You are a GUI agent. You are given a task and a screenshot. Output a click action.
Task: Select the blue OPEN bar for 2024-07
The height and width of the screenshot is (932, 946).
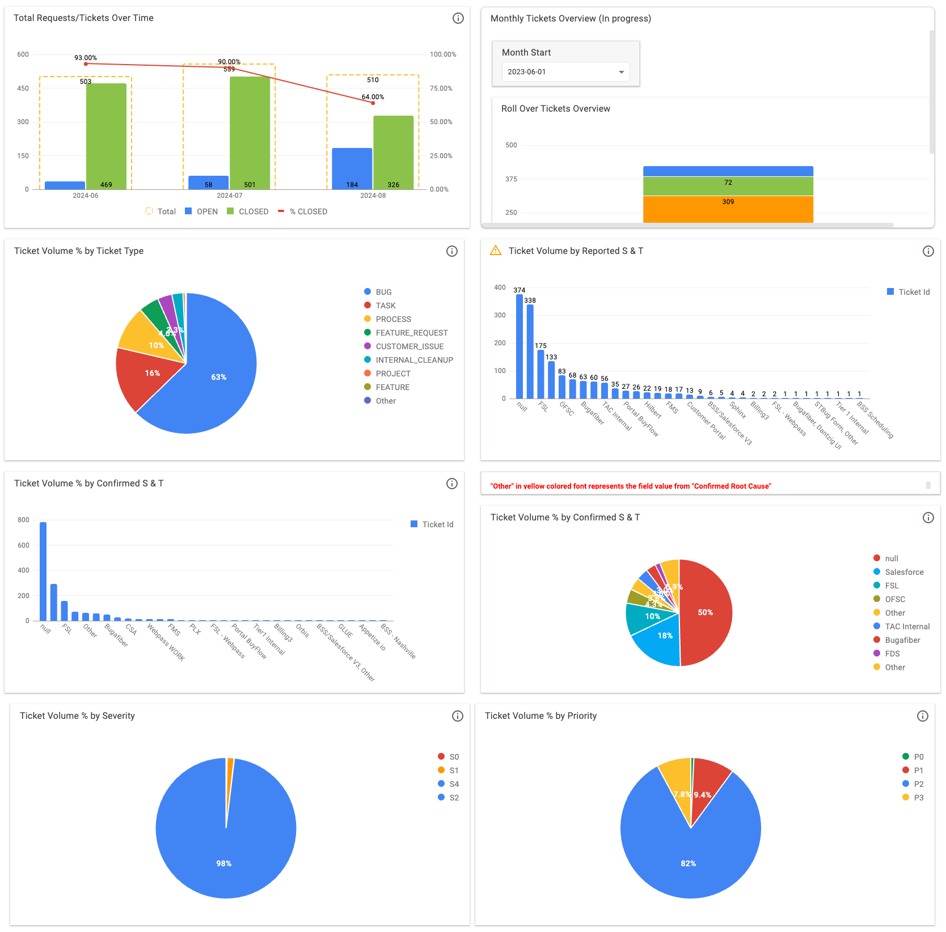pos(208,183)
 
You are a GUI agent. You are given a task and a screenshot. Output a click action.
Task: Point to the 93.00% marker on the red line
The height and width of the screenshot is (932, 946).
pos(86,63)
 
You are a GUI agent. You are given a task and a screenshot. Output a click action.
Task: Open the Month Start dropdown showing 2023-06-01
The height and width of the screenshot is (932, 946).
pos(565,72)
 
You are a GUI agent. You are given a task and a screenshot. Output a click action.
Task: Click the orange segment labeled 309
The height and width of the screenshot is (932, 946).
pos(728,209)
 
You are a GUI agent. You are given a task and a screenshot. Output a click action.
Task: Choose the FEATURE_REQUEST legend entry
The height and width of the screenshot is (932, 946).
pos(411,333)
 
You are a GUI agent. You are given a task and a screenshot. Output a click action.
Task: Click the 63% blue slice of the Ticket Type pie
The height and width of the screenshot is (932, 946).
pos(218,377)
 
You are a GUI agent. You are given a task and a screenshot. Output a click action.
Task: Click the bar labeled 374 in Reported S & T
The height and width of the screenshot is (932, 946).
pos(520,346)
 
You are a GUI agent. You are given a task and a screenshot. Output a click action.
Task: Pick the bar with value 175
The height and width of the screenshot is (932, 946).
pos(540,374)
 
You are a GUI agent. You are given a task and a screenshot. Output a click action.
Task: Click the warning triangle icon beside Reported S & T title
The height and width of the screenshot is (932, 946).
pos(496,251)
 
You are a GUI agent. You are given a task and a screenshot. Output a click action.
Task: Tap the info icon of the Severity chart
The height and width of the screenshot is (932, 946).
pos(458,716)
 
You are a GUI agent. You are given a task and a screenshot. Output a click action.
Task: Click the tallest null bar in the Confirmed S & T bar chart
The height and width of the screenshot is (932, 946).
pos(43,571)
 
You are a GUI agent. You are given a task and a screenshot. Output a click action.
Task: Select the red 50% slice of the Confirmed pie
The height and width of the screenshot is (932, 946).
pos(705,612)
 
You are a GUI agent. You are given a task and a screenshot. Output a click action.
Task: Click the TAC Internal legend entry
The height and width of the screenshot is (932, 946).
pos(907,626)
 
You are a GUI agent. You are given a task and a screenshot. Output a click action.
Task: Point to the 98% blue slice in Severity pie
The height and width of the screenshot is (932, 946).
pos(224,850)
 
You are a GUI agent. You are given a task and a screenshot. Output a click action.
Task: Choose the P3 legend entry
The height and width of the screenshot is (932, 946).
pos(918,798)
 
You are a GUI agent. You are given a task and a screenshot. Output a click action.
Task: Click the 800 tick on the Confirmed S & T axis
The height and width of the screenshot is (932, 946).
pos(23,520)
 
